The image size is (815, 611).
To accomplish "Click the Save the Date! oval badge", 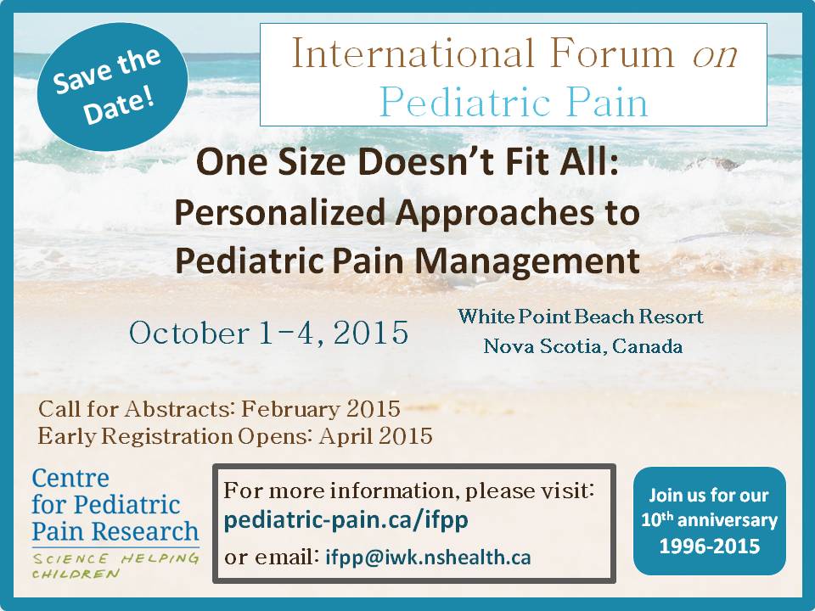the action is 112,87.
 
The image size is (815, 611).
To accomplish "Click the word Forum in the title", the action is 612,53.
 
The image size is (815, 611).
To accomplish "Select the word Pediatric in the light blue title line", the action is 464,102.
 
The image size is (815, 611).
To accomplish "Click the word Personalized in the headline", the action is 279,214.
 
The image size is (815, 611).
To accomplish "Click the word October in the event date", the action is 189,333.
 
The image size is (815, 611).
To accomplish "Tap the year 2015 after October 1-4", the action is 371,333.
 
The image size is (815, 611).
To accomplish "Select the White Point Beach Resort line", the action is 581,317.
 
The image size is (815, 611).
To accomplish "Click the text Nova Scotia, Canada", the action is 582,346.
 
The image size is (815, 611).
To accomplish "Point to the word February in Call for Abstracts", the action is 290,410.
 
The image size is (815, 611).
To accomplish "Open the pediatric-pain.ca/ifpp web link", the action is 346,520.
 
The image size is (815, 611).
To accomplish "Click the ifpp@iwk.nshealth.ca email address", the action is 428,557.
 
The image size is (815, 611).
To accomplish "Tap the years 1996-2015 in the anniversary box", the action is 710,546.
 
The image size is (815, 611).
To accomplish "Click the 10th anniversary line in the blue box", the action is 709,519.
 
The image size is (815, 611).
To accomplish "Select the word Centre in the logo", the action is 70,479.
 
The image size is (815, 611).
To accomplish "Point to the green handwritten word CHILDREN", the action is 76,575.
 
